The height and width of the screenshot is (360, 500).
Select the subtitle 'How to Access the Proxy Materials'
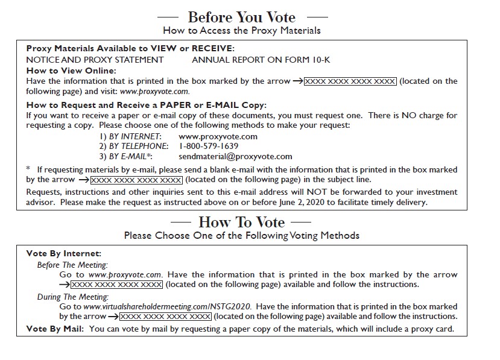click(x=241, y=30)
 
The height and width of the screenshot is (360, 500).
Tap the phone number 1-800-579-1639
click(x=208, y=147)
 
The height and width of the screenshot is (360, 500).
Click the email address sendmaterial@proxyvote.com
click(x=235, y=156)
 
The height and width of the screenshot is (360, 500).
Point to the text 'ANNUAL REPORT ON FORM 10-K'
click(x=261, y=60)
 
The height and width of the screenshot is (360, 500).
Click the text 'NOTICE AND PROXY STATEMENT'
click(x=95, y=60)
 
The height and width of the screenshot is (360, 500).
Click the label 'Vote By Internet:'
click(x=64, y=254)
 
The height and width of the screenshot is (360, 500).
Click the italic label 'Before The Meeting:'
click(x=72, y=265)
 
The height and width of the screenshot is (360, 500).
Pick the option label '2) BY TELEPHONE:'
click(x=133, y=147)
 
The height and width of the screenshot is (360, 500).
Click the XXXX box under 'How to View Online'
click(x=350, y=81)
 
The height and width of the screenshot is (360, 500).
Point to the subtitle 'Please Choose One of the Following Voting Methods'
click(x=241, y=235)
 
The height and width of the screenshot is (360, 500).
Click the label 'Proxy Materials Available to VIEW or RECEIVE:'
click(x=130, y=49)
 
